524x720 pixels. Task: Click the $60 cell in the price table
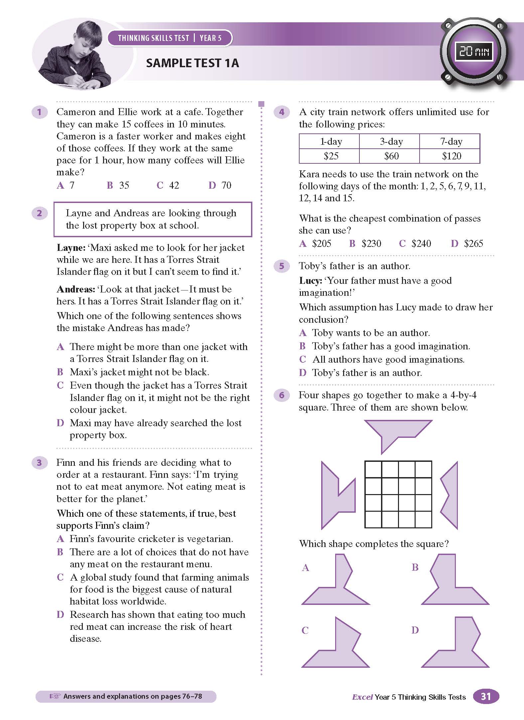pos(391,156)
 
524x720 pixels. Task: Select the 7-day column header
pos(451,142)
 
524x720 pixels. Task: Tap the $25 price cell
pos(331,156)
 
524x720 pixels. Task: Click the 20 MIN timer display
pos(474,52)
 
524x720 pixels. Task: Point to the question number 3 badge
pos(39,462)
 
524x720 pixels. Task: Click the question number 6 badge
pos(282,395)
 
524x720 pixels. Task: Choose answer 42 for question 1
pos(168,185)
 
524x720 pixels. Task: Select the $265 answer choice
pos(467,244)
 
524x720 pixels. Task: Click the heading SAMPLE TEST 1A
pos(193,63)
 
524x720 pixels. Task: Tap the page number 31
pos(486,696)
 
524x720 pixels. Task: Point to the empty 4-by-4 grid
pos(398,494)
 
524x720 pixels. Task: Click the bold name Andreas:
pos(76,289)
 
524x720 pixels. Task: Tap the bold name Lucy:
pos(311,280)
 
